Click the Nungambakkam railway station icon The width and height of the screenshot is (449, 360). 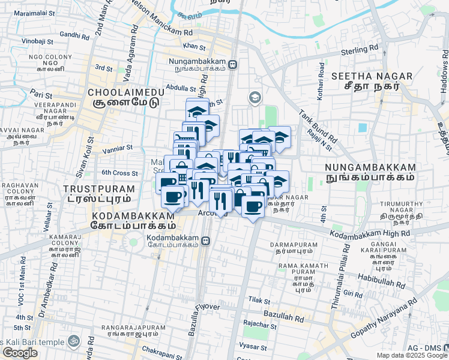click(232, 64)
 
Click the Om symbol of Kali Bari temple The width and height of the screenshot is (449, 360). click(74, 340)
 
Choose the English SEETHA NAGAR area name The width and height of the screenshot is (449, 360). click(372, 76)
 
